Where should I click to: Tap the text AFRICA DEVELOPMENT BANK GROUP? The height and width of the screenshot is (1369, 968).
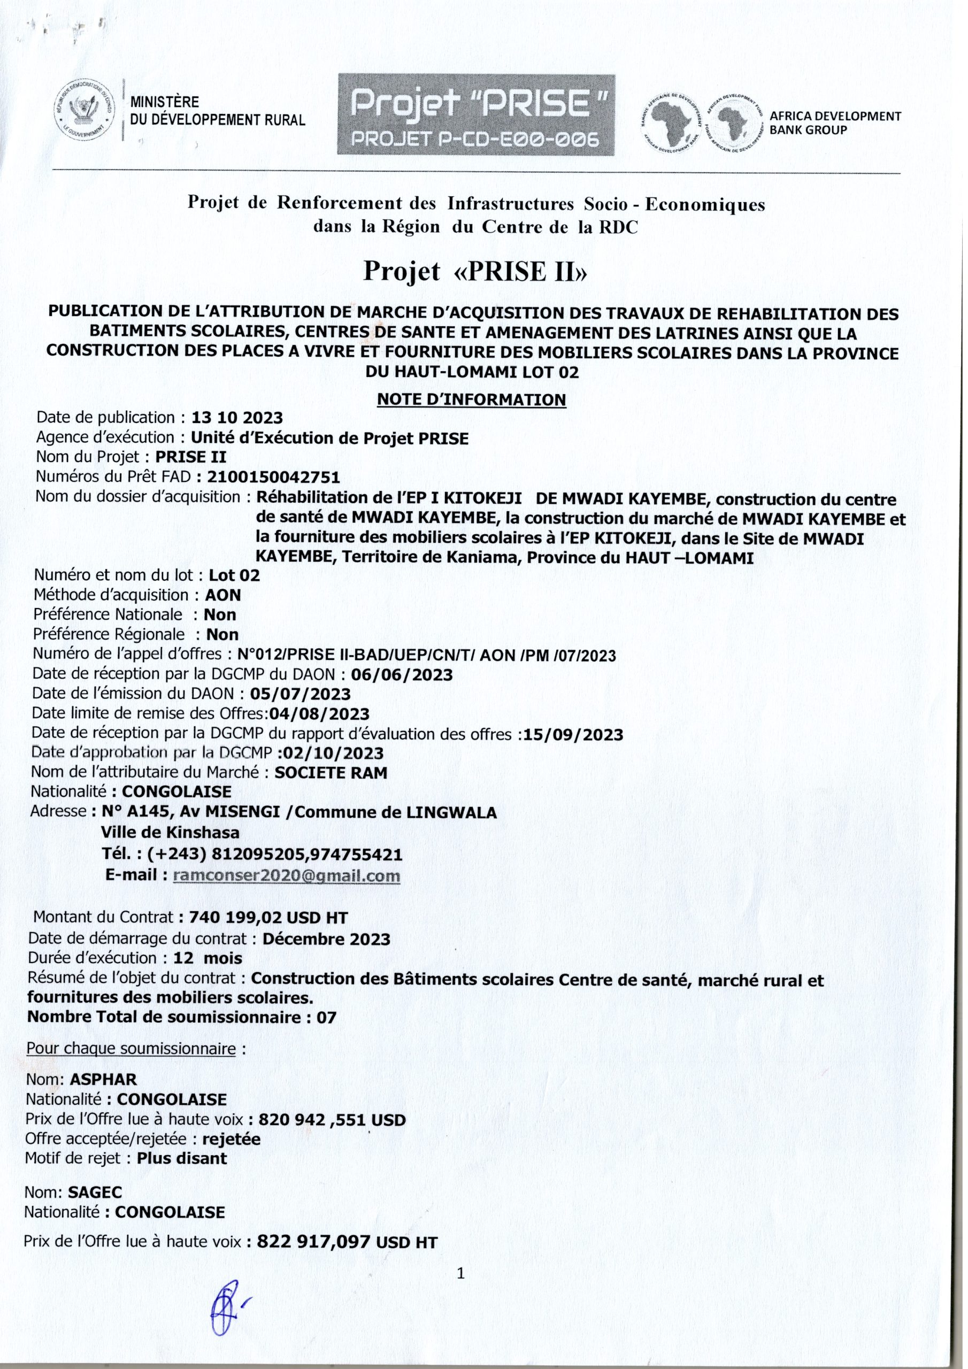(x=835, y=123)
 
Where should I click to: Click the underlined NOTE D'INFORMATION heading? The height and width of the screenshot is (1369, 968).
(x=471, y=399)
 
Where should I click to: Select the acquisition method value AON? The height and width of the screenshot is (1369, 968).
(x=223, y=595)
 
